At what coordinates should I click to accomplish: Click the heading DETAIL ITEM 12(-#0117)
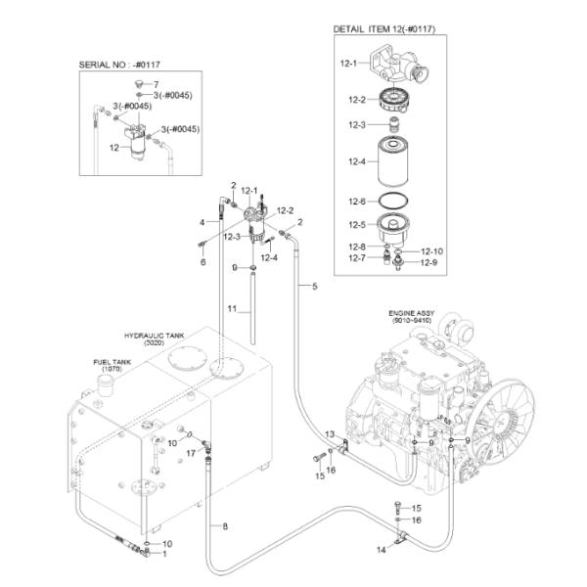click(384, 29)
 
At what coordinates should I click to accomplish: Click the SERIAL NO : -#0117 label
click(119, 65)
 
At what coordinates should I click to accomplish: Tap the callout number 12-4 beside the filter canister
click(357, 161)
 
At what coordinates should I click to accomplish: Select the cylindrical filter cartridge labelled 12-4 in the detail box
click(392, 161)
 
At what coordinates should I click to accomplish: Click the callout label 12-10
click(431, 251)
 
